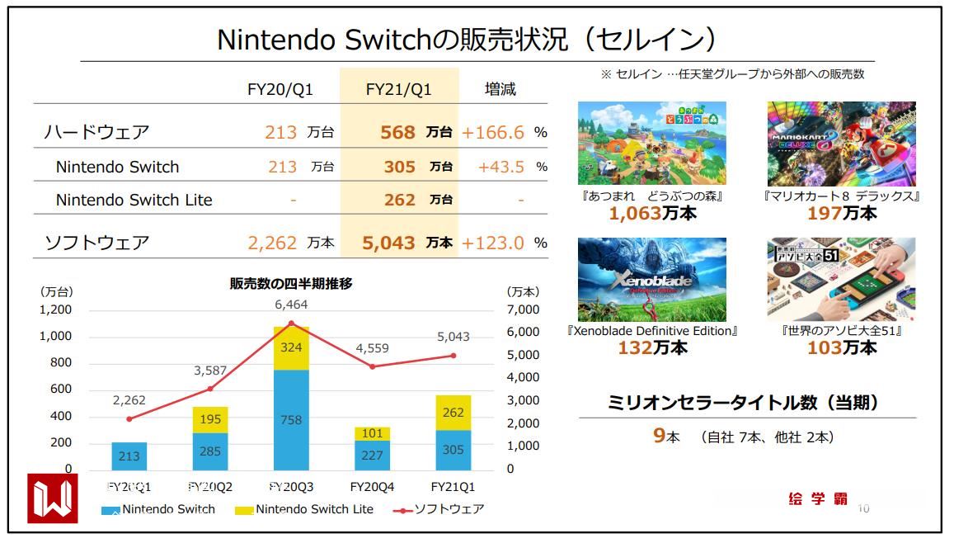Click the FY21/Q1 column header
point(399,89)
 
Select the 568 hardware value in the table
point(399,132)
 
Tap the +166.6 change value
point(493,132)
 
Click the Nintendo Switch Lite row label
point(134,200)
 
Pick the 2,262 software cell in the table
point(272,243)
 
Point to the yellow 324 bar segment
point(291,348)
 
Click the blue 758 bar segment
point(291,419)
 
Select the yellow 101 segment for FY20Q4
point(372,433)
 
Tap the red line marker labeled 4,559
point(372,366)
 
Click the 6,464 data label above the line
point(291,305)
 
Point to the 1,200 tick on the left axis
point(56,309)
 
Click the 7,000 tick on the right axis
point(523,309)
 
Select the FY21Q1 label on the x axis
point(453,487)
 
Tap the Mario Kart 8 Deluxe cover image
point(841,144)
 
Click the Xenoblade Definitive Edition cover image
point(652,280)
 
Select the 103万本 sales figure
point(841,348)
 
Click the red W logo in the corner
point(53,498)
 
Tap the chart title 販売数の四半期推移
point(291,284)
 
